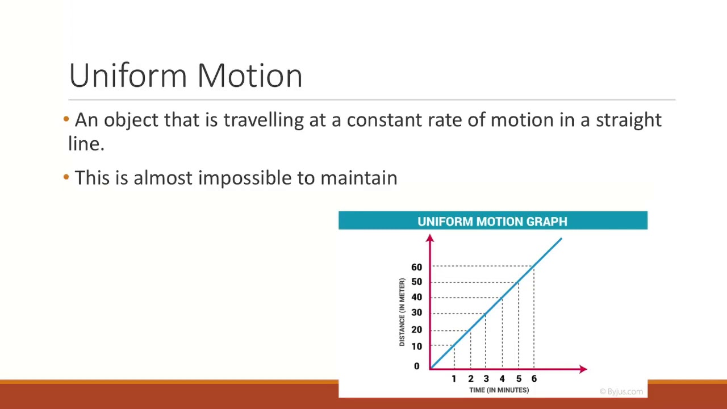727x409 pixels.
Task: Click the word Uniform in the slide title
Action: [x=129, y=76]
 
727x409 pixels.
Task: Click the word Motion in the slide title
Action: [x=249, y=76]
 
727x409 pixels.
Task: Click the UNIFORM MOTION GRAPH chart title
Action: [x=492, y=222]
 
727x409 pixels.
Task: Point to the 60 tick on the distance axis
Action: [x=416, y=267]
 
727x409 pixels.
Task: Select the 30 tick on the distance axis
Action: [x=416, y=312]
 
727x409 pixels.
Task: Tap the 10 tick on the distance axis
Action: [x=416, y=347]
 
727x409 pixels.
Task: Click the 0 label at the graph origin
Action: [x=416, y=366]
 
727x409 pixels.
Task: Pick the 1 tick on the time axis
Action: [x=454, y=379]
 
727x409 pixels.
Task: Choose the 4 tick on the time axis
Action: [x=502, y=379]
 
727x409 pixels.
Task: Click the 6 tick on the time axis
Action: [x=534, y=379]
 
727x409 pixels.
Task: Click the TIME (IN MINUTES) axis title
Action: [x=499, y=390]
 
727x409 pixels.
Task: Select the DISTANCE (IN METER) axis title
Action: [x=402, y=312]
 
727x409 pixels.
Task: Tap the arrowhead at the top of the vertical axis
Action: [x=430, y=239]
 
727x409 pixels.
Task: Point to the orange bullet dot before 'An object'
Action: [x=66, y=119]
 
